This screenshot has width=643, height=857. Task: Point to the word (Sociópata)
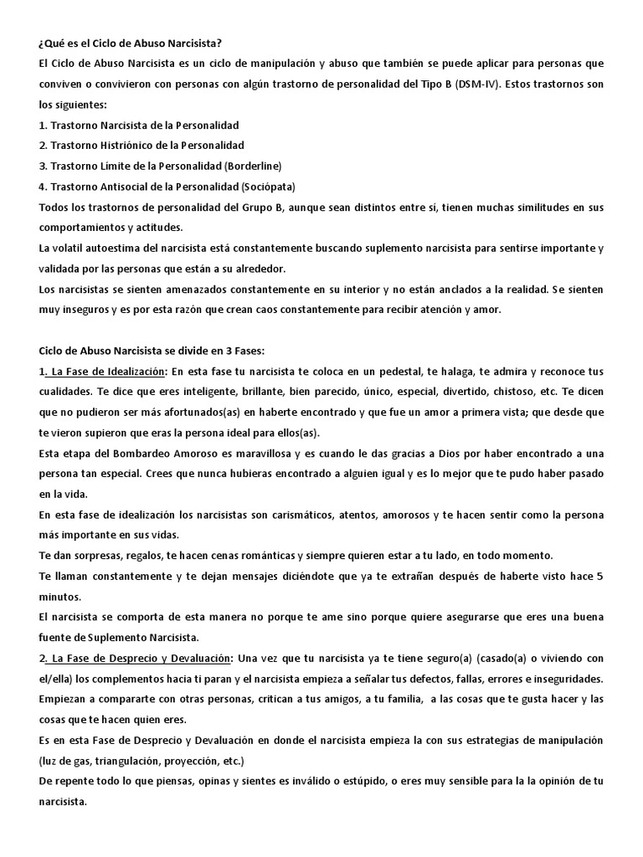point(268,187)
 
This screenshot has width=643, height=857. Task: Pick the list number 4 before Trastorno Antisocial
point(42,187)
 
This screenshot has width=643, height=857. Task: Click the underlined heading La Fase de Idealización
point(107,372)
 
